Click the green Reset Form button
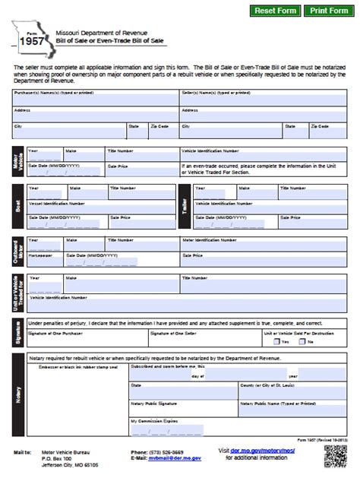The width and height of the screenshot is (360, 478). point(275,11)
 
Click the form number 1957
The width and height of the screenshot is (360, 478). point(30,43)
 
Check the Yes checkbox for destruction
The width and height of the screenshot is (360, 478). point(276,342)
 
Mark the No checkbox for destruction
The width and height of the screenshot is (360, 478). point(303,342)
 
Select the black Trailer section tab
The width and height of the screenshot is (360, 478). point(186,205)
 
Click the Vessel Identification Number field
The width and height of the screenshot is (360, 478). point(99,209)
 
